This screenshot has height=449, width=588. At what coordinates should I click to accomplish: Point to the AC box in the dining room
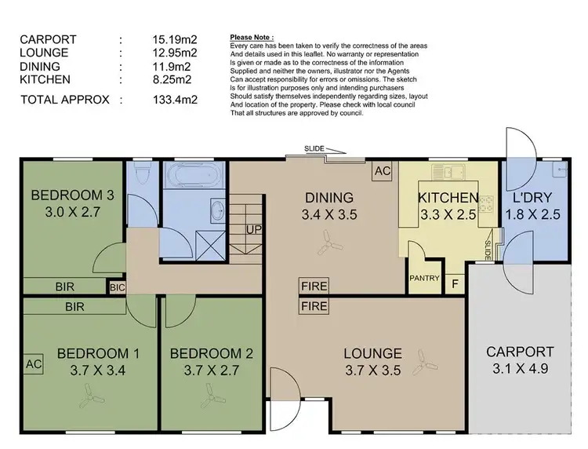click(x=383, y=170)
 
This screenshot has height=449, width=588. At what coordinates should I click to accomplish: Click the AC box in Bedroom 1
click(x=34, y=363)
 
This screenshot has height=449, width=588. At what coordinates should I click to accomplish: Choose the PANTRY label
click(x=423, y=277)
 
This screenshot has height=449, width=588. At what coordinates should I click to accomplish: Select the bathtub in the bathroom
click(x=194, y=173)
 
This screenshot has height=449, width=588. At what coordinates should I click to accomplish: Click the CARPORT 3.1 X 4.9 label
click(x=519, y=360)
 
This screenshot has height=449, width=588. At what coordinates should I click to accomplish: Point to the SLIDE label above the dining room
click(x=315, y=149)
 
